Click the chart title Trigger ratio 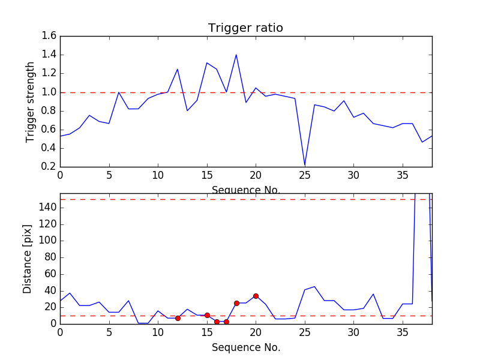coord(245,28)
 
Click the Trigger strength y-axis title coord(31,102)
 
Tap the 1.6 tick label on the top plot coord(49,36)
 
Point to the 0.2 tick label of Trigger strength coord(49,166)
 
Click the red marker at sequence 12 coord(178,318)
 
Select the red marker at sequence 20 coord(256,296)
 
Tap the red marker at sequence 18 coord(236,303)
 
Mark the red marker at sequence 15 coord(207,315)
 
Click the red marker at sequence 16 coord(217,322)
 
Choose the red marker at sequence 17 coord(226,322)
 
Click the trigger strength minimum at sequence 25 coord(305,164)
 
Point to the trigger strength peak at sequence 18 coord(236,55)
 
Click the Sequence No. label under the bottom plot coord(245,347)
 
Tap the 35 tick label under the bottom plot coord(403,332)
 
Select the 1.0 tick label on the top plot coord(49,92)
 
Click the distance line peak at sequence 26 coord(314,287)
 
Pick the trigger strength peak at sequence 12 coord(178,69)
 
